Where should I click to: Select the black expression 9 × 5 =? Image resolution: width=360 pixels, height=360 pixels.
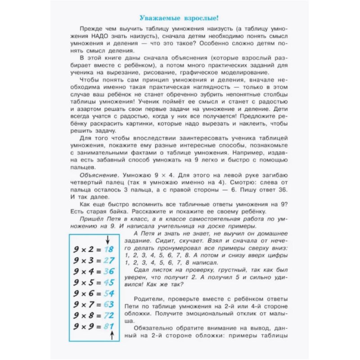point(88,282)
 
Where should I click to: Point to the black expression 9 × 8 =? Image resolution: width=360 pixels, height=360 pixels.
point(88,315)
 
